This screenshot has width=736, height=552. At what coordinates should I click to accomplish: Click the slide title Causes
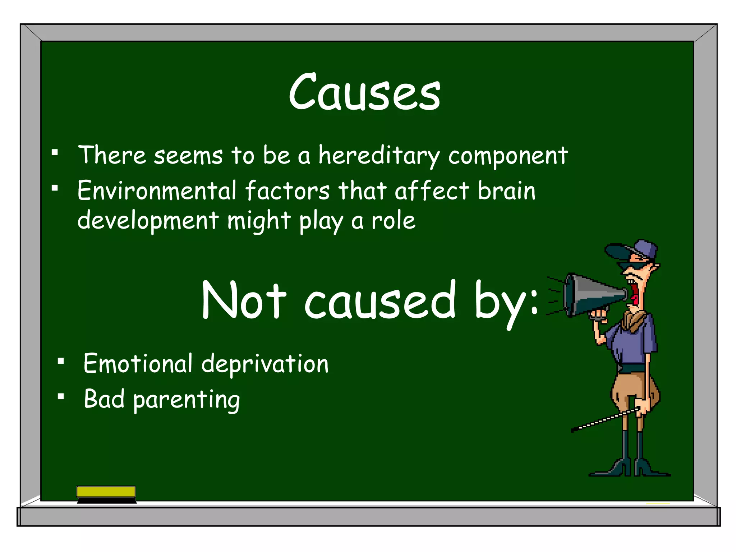[x=364, y=92]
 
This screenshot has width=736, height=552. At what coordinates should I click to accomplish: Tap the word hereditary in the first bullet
[x=379, y=156]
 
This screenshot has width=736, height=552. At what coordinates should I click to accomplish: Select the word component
[x=508, y=156]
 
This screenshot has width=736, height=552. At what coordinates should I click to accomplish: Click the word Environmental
[x=157, y=190]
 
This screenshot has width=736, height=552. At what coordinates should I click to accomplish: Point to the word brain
[x=506, y=190]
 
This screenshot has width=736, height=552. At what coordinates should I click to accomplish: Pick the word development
[x=148, y=221]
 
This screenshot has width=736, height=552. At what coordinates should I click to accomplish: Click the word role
[x=394, y=221]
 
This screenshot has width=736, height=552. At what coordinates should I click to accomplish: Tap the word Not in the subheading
[x=244, y=300]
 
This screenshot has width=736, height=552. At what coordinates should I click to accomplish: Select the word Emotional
[x=138, y=364]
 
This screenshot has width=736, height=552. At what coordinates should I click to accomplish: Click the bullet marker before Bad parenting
[x=61, y=397]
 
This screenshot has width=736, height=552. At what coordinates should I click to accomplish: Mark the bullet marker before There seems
[x=55, y=152]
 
